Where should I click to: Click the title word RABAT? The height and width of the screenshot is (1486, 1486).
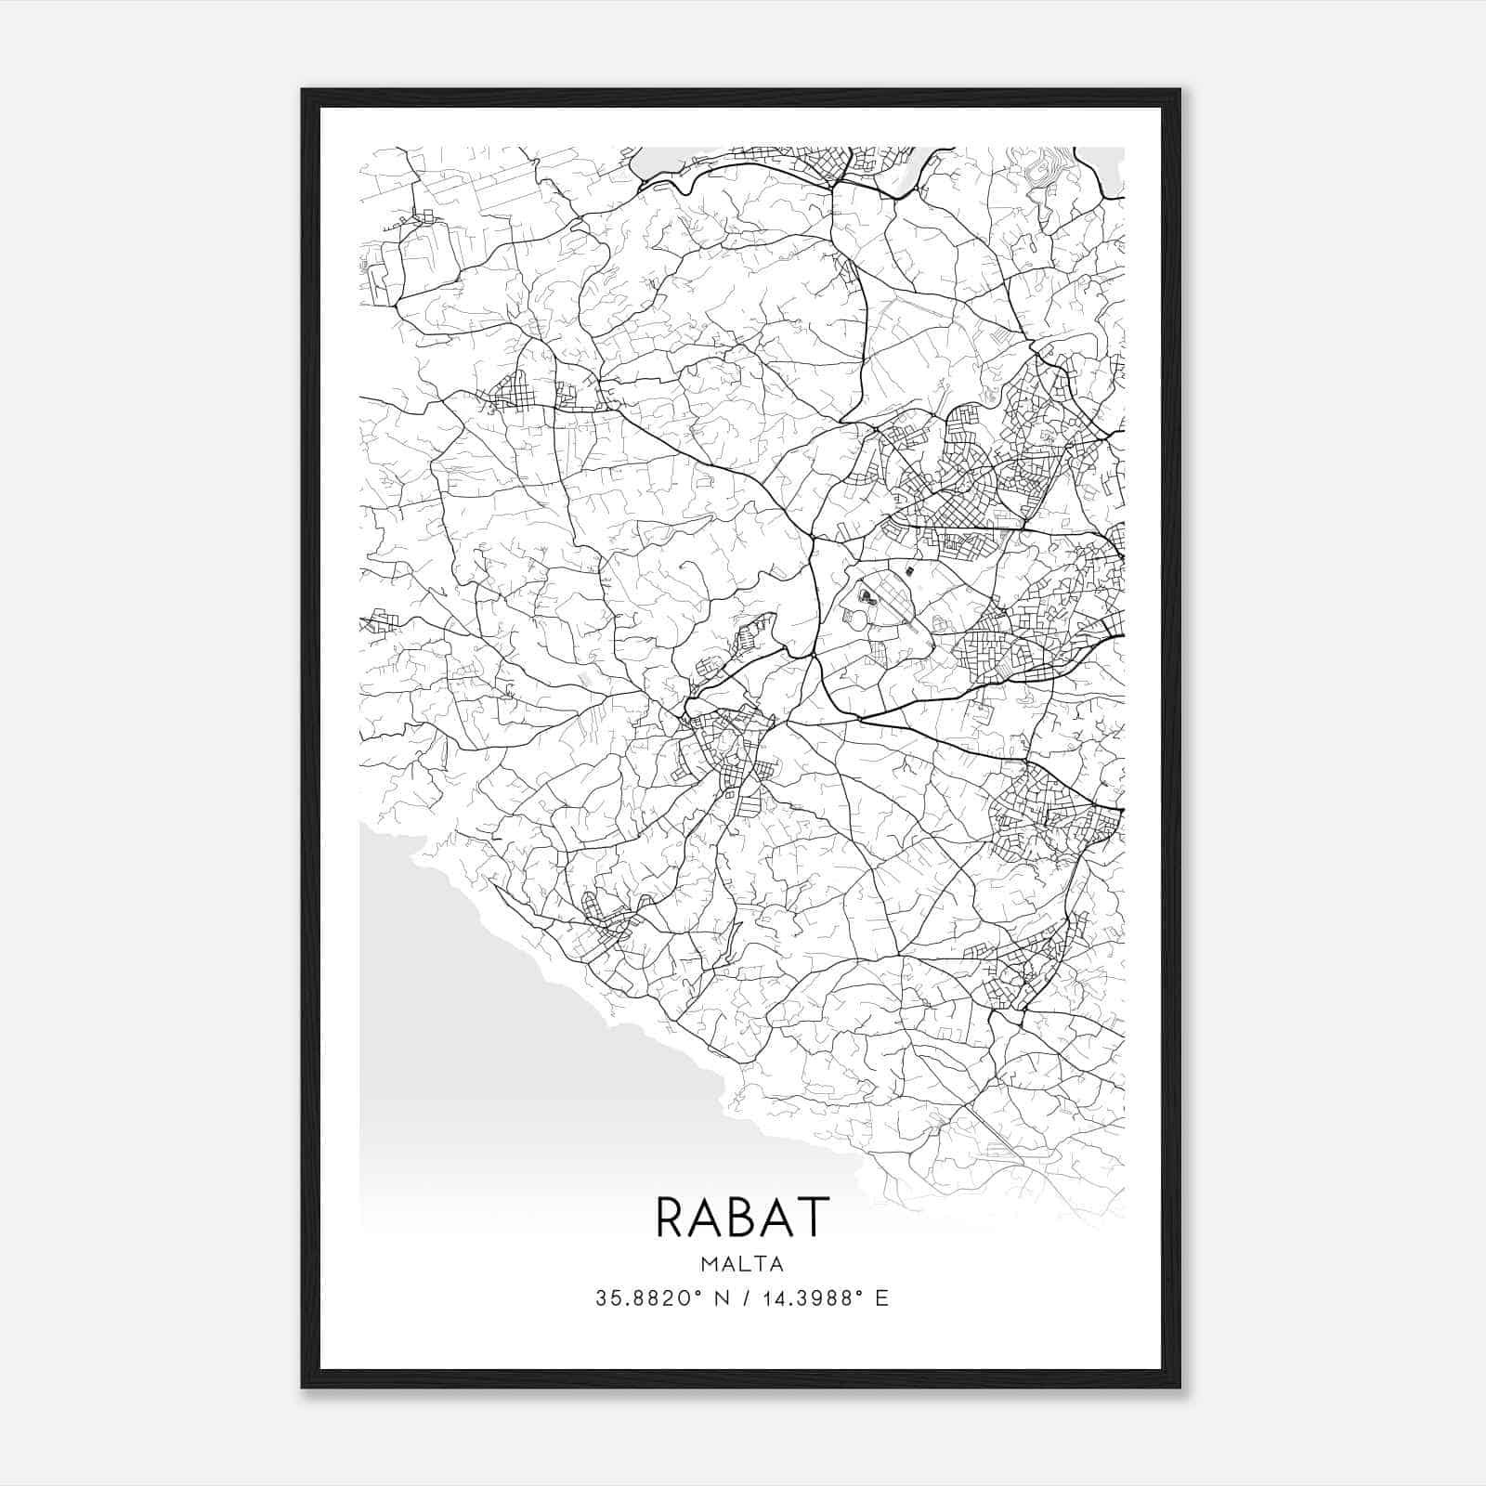(742, 1217)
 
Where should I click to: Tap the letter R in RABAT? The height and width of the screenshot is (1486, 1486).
(671, 1217)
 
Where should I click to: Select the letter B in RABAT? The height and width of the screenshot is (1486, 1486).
(743, 1217)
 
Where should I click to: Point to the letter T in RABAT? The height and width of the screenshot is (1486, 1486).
(811, 1217)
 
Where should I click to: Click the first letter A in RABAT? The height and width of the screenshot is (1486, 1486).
(707, 1217)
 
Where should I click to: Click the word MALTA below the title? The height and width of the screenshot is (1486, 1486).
(742, 1264)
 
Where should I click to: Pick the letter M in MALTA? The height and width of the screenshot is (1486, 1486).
(710, 1264)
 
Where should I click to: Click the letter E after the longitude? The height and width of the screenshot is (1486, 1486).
(882, 1298)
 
